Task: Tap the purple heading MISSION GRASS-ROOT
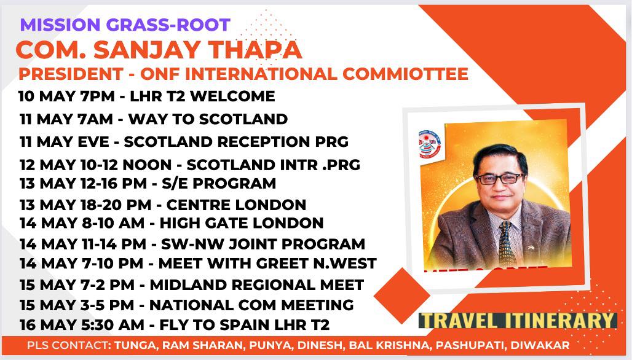tap(125, 25)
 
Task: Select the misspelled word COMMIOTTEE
tap(405, 74)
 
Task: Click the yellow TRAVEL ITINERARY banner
tap(518, 321)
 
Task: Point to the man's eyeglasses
tap(500, 178)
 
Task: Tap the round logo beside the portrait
tap(430, 144)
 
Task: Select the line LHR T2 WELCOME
tap(202, 96)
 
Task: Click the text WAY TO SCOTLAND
tap(208, 119)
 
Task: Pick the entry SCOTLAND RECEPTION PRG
tap(236, 142)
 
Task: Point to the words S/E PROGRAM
tap(219, 183)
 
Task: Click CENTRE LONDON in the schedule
tap(236, 205)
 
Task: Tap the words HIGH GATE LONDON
tap(242, 222)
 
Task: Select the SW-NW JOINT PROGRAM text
tap(263, 244)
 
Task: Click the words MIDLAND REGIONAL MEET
tap(257, 284)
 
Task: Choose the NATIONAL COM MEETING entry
tap(251, 305)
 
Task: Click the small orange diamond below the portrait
tap(402, 295)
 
